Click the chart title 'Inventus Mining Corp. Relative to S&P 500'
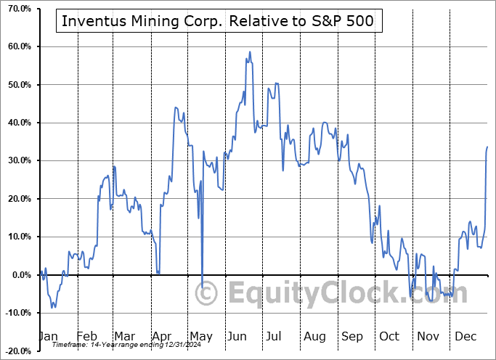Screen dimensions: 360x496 pos(218,21)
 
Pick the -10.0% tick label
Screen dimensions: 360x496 pos(16,313)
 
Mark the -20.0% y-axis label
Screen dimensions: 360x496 pos(16,351)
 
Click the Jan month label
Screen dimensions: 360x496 pos(47,336)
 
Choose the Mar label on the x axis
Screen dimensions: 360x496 pos(124,336)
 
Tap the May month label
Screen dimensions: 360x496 pos(201,336)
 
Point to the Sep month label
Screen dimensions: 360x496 pos(352,336)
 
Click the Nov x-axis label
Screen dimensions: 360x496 pos(428,336)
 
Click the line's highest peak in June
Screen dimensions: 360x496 pos(250,52)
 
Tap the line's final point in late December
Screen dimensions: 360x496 pos(487,147)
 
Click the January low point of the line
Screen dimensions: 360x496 pos(52,308)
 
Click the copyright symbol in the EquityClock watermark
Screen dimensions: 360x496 pos(207,294)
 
